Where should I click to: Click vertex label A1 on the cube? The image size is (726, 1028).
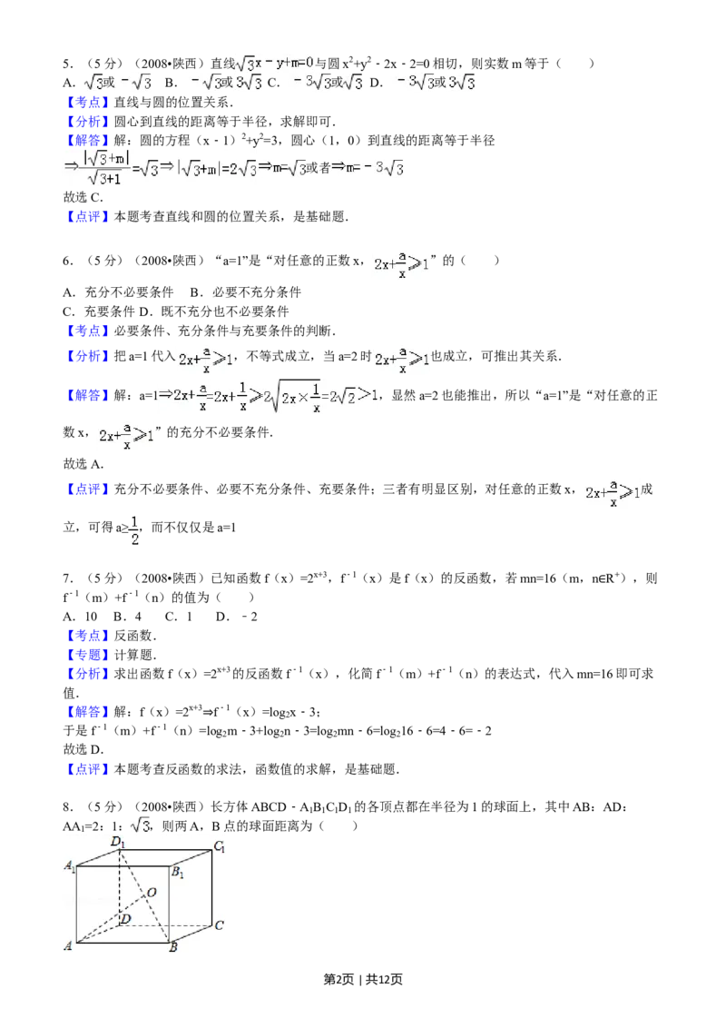[x=69, y=866]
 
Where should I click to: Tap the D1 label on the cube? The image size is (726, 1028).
[x=117, y=844]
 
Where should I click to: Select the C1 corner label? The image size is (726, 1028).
[x=219, y=847]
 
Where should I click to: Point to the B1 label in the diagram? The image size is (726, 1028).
[x=179, y=874]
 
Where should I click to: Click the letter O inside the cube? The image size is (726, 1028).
[x=152, y=893]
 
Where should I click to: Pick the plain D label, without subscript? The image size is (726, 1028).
[x=125, y=920]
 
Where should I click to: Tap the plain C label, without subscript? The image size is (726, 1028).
[x=219, y=925]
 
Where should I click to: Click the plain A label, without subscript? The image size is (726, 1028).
[x=67, y=946]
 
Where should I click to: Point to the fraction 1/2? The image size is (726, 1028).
[x=134, y=534]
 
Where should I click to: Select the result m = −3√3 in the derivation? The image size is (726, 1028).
[x=368, y=167]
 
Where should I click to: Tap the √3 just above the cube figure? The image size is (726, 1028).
[x=139, y=824]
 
